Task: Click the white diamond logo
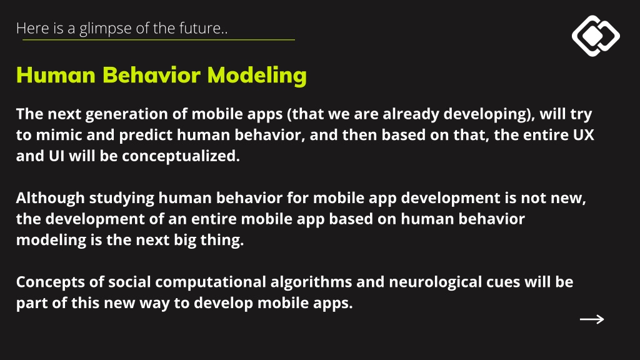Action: [x=596, y=36]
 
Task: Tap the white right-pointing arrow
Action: [x=592, y=319]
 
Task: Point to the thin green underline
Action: [x=158, y=39]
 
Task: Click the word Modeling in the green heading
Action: [x=257, y=76]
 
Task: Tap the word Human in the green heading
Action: [x=56, y=75]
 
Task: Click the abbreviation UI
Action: [x=57, y=156]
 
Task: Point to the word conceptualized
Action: [x=181, y=156]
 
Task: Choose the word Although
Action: [x=50, y=198]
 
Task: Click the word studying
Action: [x=122, y=198]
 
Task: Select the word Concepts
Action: [x=60, y=282]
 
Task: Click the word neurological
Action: [x=436, y=282]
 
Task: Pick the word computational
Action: [x=211, y=282]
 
